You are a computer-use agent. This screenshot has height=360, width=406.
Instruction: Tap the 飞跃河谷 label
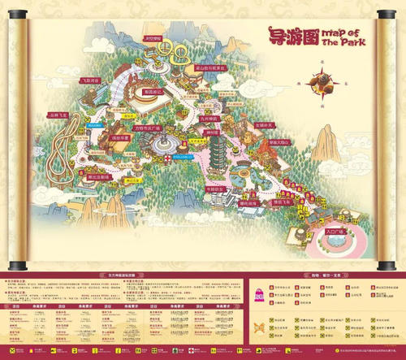tap(89, 81)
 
